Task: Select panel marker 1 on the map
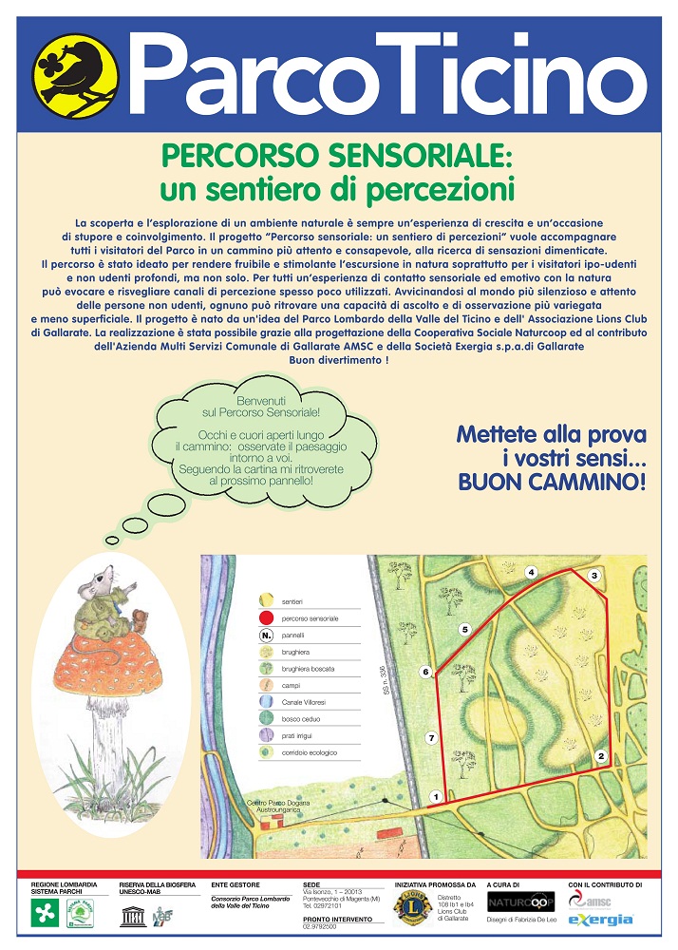click(x=435, y=796)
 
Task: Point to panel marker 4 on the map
click(x=532, y=571)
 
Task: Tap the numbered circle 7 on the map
click(x=431, y=737)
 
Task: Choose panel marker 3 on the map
click(x=593, y=575)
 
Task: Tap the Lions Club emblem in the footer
click(x=413, y=907)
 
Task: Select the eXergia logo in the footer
click(x=600, y=921)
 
